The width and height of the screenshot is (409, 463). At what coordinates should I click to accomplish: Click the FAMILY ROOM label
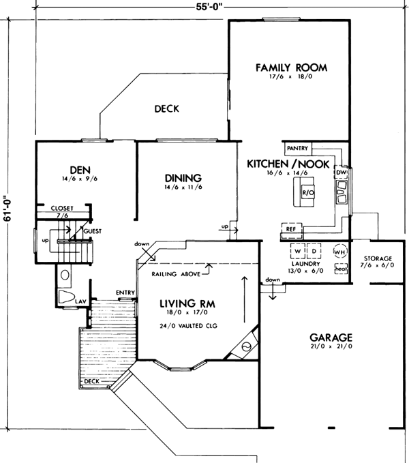click(291, 68)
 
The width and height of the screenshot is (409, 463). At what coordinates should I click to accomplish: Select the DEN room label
click(80, 169)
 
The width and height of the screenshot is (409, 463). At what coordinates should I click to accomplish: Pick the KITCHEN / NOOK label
click(288, 164)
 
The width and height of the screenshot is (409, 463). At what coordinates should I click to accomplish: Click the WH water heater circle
click(339, 252)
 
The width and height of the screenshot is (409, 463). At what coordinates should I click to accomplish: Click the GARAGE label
click(331, 337)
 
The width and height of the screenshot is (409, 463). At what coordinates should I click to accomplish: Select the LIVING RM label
click(189, 303)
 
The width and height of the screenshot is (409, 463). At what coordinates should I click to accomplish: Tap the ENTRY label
click(125, 293)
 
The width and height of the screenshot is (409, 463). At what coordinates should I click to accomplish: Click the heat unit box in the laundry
click(339, 269)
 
